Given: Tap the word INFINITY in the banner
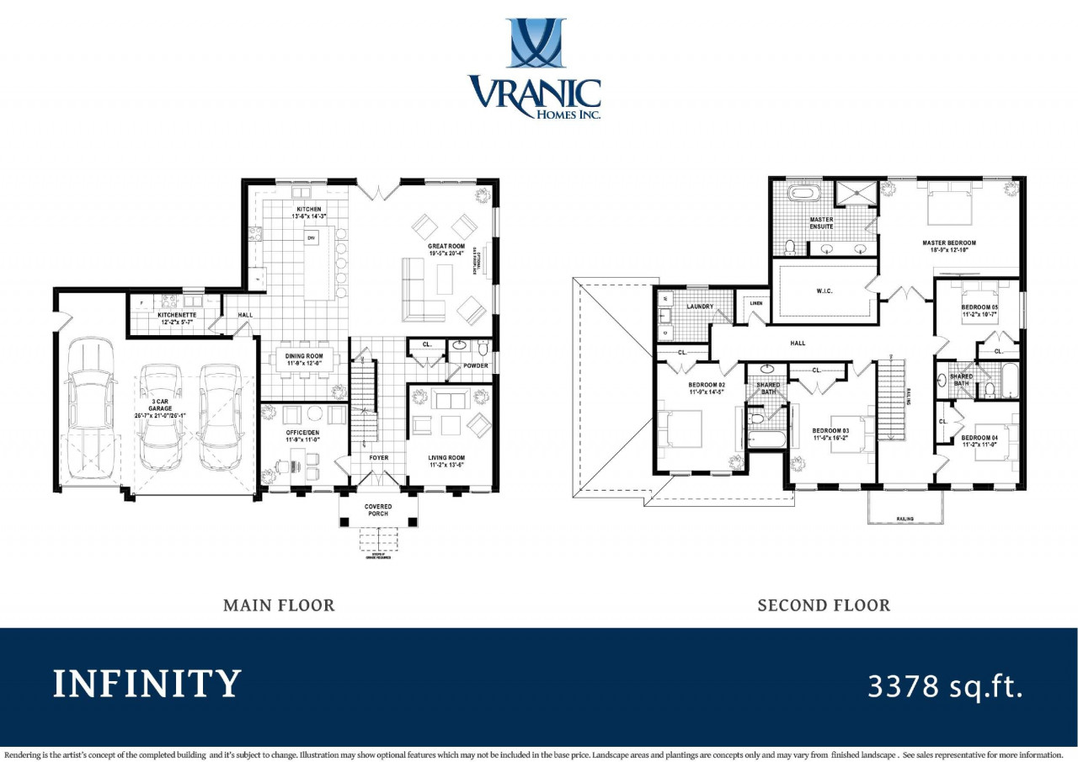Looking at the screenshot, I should click(147, 685).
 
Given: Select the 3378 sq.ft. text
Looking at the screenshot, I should click(945, 685).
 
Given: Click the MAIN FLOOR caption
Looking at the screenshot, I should click(279, 605).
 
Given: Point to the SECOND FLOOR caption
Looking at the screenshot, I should click(823, 605).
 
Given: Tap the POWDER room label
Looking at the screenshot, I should click(475, 365).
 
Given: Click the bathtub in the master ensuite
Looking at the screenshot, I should click(803, 193).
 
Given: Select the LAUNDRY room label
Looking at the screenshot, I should click(701, 306).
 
